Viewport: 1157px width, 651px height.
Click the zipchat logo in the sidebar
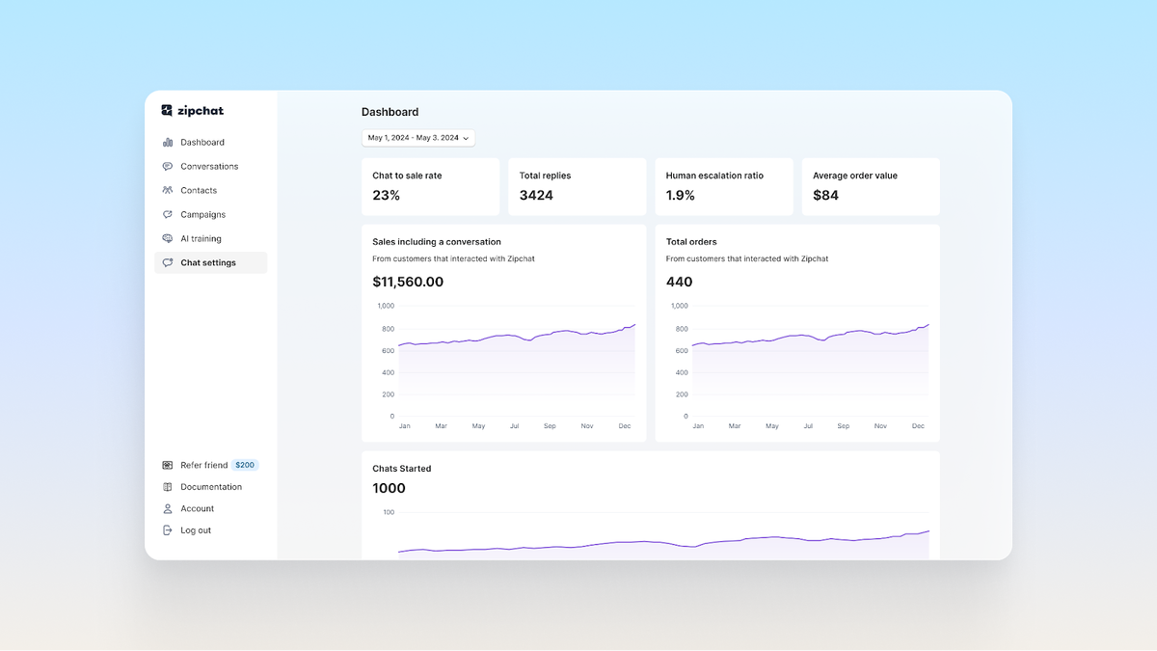pyautogui.click(x=193, y=111)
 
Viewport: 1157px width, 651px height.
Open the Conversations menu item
pyautogui.click(x=208, y=167)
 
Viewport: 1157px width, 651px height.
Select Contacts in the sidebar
pyautogui.click(x=198, y=191)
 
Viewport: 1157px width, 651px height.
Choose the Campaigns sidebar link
pyautogui.click(x=202, y=215)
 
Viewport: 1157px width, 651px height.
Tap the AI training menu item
pyautogui.click(x=201, y=239)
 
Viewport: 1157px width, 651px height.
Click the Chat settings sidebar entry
pyautogui.click(x=207, y=263)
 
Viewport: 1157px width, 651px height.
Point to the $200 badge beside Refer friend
pyautogui.click(x=245, y=465)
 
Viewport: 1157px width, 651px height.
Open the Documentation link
pyautogui.click(x=210, y=487)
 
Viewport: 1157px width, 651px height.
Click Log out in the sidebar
pyautogui.click(x=195, y=530)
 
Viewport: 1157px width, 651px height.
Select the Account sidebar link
pyautogui.click(x=197, y=509)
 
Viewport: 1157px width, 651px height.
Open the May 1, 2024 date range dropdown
pyautogui.click(x=418, y=138)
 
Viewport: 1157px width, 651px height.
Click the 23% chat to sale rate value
pyautogui.click(x=387, y=196)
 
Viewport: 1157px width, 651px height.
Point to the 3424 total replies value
pyautogui.click(x=536, y=196)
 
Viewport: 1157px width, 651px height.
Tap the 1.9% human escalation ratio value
pyautogui.click(x=681, y=196)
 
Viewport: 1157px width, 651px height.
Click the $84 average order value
pyautogui.click(x=825, y=196)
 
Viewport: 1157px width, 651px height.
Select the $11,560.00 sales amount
pyautogui.click(x=408, y=283)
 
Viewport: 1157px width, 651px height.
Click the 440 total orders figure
pyautogui.click(x=679, y=283)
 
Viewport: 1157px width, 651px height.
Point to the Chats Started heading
pyautogui.click(x=402, y=469)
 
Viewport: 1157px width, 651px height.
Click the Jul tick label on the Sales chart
pyautogui.click(x=514, y=426)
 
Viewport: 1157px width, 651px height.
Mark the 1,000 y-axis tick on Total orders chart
pyautogui.click(x=679, y=306)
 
